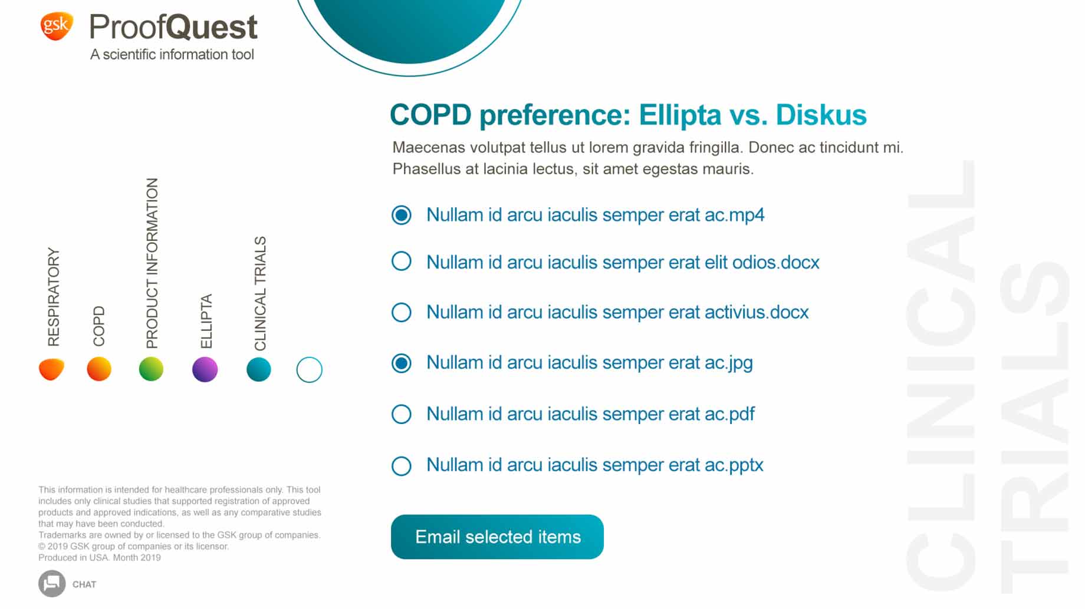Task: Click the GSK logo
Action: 57,26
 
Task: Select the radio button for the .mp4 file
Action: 402,215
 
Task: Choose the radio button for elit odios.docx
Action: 402,261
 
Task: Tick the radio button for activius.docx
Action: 402,312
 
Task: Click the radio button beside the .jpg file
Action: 402,363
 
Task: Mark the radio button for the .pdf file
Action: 402,414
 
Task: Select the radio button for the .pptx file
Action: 402,466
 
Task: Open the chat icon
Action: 52,584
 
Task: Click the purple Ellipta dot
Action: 205,369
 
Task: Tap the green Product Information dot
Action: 151,369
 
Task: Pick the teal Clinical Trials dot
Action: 259,369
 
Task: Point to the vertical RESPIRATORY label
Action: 54,297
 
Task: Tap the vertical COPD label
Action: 99,326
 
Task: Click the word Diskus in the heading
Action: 821,115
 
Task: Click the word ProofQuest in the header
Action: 173,27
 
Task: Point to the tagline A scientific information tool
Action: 172,55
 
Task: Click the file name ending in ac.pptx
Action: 595,465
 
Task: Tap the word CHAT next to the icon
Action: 84,584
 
